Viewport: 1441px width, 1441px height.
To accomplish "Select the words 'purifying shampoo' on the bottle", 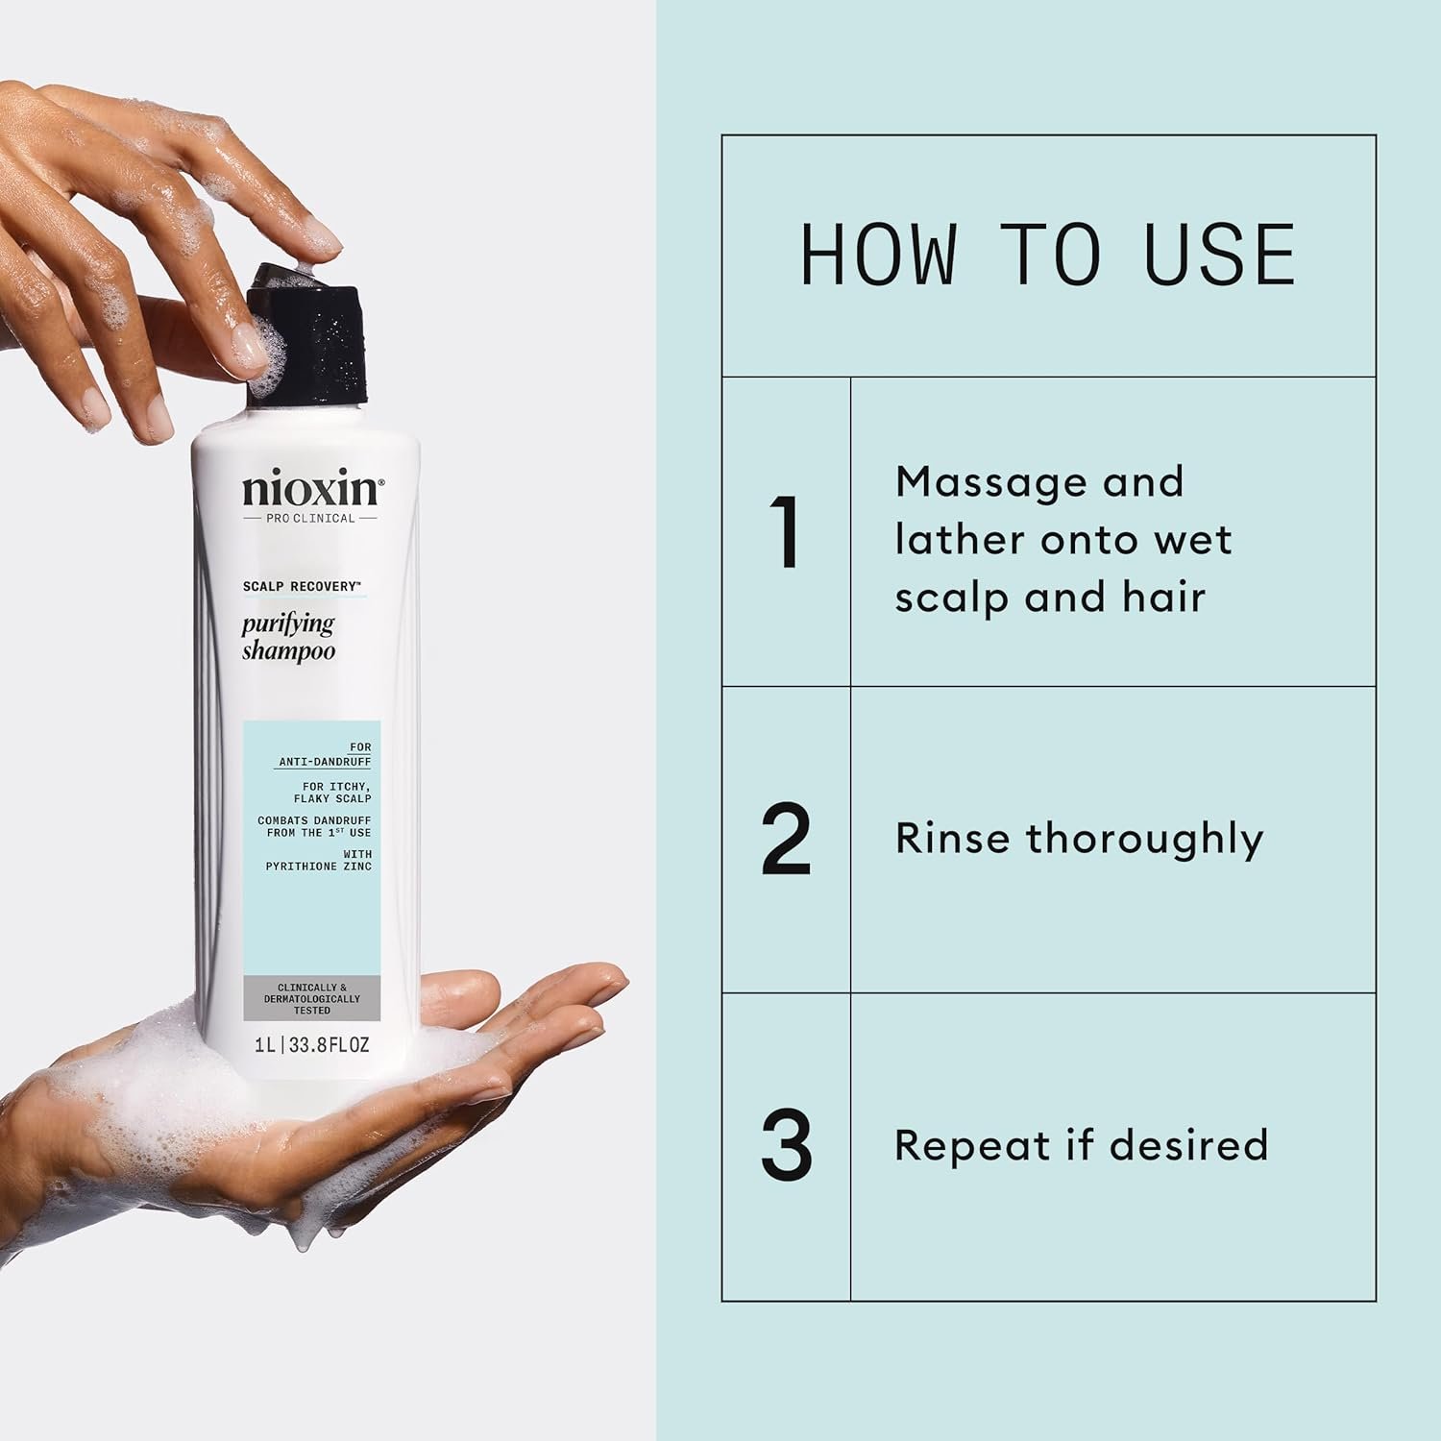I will [x=288, y=638].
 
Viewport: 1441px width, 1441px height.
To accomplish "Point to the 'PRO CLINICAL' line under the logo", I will [x=310, y=518].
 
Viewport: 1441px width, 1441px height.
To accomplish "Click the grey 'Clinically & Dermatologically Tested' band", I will [x=312, y=999].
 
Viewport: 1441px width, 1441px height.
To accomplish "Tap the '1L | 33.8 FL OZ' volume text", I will [x=312, y=1045].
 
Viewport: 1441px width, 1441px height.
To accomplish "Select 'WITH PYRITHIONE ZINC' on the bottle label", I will [x=319, y=861].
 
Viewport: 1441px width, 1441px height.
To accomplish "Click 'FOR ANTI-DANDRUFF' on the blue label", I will [x=325, y=754].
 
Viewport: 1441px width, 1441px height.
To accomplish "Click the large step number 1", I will [x=786, y=533].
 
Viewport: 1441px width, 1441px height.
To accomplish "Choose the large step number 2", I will [x=786, y=841].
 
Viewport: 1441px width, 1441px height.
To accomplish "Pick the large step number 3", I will [x=786, y=1146].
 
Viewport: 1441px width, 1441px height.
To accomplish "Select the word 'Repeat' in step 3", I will [x=971, y=1146].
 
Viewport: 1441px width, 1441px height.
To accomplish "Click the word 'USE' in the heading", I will [x=1220, y=255].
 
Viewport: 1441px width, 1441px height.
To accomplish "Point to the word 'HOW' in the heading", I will [x=878, y=255].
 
